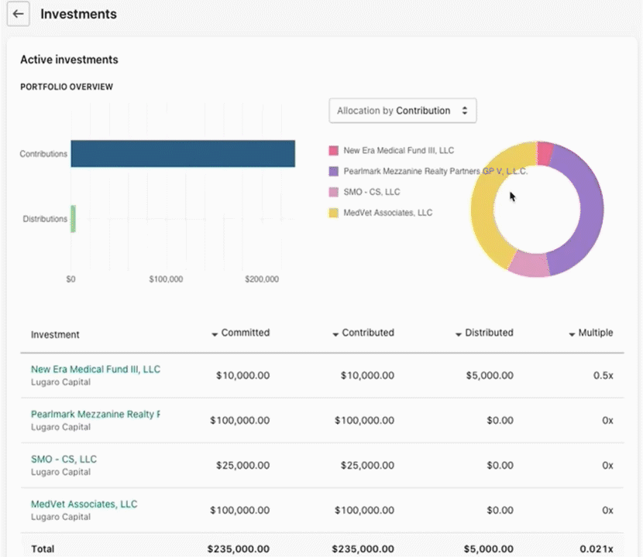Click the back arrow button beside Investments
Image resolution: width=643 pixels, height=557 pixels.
pyautogui.click(x=19, y=14)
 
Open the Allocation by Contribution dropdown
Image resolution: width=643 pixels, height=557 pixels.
pyautogui.click(x=402, y=111)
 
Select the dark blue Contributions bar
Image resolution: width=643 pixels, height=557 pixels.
pyautogui.click(x=183, y=153)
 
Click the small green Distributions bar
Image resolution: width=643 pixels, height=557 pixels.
pyautogui.click(x=73, y=219)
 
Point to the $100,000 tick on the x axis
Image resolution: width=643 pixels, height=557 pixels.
pyautogui.click(x=166, y=279)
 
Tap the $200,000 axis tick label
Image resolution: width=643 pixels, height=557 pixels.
pyautogui.click(x=261, y=279)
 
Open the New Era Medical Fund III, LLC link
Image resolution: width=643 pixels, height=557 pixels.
pyautogui.click(x=95, y=370)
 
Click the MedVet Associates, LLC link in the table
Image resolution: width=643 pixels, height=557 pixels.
pyautogui.click(x=84, y=504)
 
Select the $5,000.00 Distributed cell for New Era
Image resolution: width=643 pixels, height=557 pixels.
pyautogui.click(x=487, y=376)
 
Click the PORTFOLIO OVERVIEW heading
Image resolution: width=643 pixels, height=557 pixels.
pyautogui.click(x=67, y=87)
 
